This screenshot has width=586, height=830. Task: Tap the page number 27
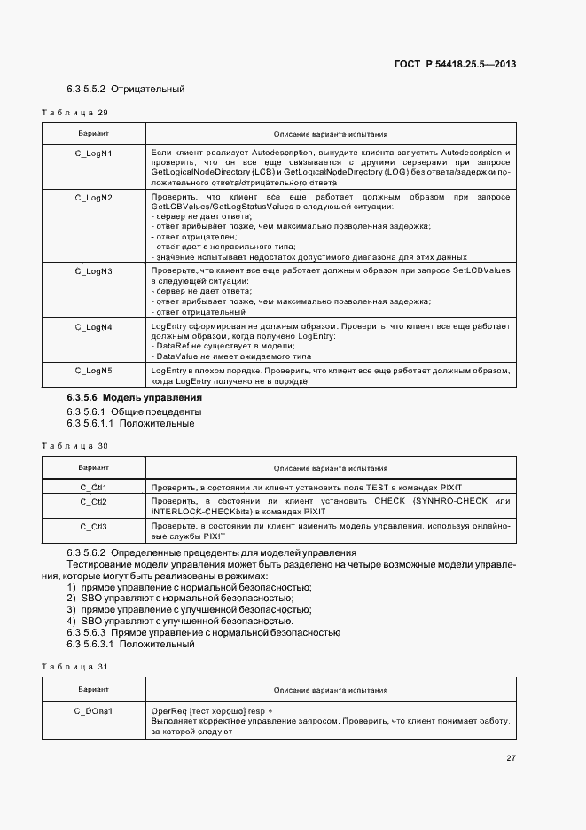(511, 758)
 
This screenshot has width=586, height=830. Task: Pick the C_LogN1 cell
(93, 153)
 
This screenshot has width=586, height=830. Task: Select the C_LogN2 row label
(93, 197)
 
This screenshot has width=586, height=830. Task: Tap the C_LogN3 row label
(93, 270)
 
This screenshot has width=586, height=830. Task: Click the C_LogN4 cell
(93, 327)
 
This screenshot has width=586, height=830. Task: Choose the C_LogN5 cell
(93, 370)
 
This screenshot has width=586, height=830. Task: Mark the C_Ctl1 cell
(93, 488)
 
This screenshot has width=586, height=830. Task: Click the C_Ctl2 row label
(93, 502)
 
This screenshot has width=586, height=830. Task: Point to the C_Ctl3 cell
(93, 527)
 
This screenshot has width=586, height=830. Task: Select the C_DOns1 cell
(93, 711)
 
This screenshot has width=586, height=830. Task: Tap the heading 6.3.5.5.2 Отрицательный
(125, 90)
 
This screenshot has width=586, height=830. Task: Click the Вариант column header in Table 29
(93, 134)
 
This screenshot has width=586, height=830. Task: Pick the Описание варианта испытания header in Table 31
(330, 689)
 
